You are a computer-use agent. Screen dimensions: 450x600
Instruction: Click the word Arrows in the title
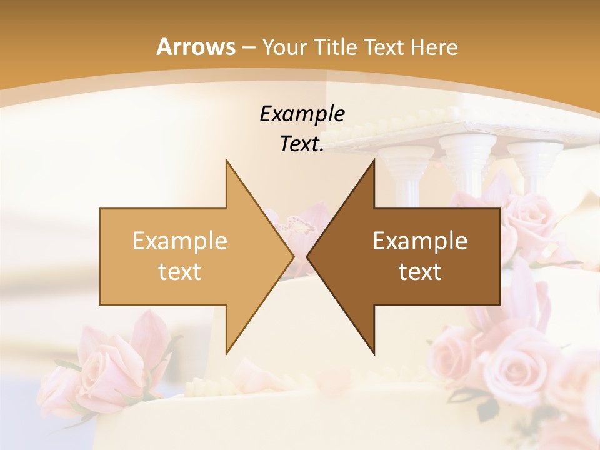click(196, 47)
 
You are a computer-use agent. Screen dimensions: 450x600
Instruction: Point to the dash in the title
click(249, 47)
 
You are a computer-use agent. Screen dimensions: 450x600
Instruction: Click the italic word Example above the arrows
click(302, 114)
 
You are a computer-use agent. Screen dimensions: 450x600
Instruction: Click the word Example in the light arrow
click(180, 241)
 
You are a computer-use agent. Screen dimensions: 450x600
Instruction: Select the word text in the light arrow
click(180, 272)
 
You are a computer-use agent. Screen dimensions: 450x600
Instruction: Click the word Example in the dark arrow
click(420, 241)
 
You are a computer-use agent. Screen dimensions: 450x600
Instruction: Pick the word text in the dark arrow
click(420, 272)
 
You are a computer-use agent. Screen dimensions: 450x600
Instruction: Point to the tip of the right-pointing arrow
click(294, 256)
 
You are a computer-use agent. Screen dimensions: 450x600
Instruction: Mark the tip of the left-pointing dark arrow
click(307, 256)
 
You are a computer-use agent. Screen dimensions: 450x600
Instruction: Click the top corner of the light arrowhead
click(226, 160)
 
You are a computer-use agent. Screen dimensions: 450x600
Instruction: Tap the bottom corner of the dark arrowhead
click(374, 354)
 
